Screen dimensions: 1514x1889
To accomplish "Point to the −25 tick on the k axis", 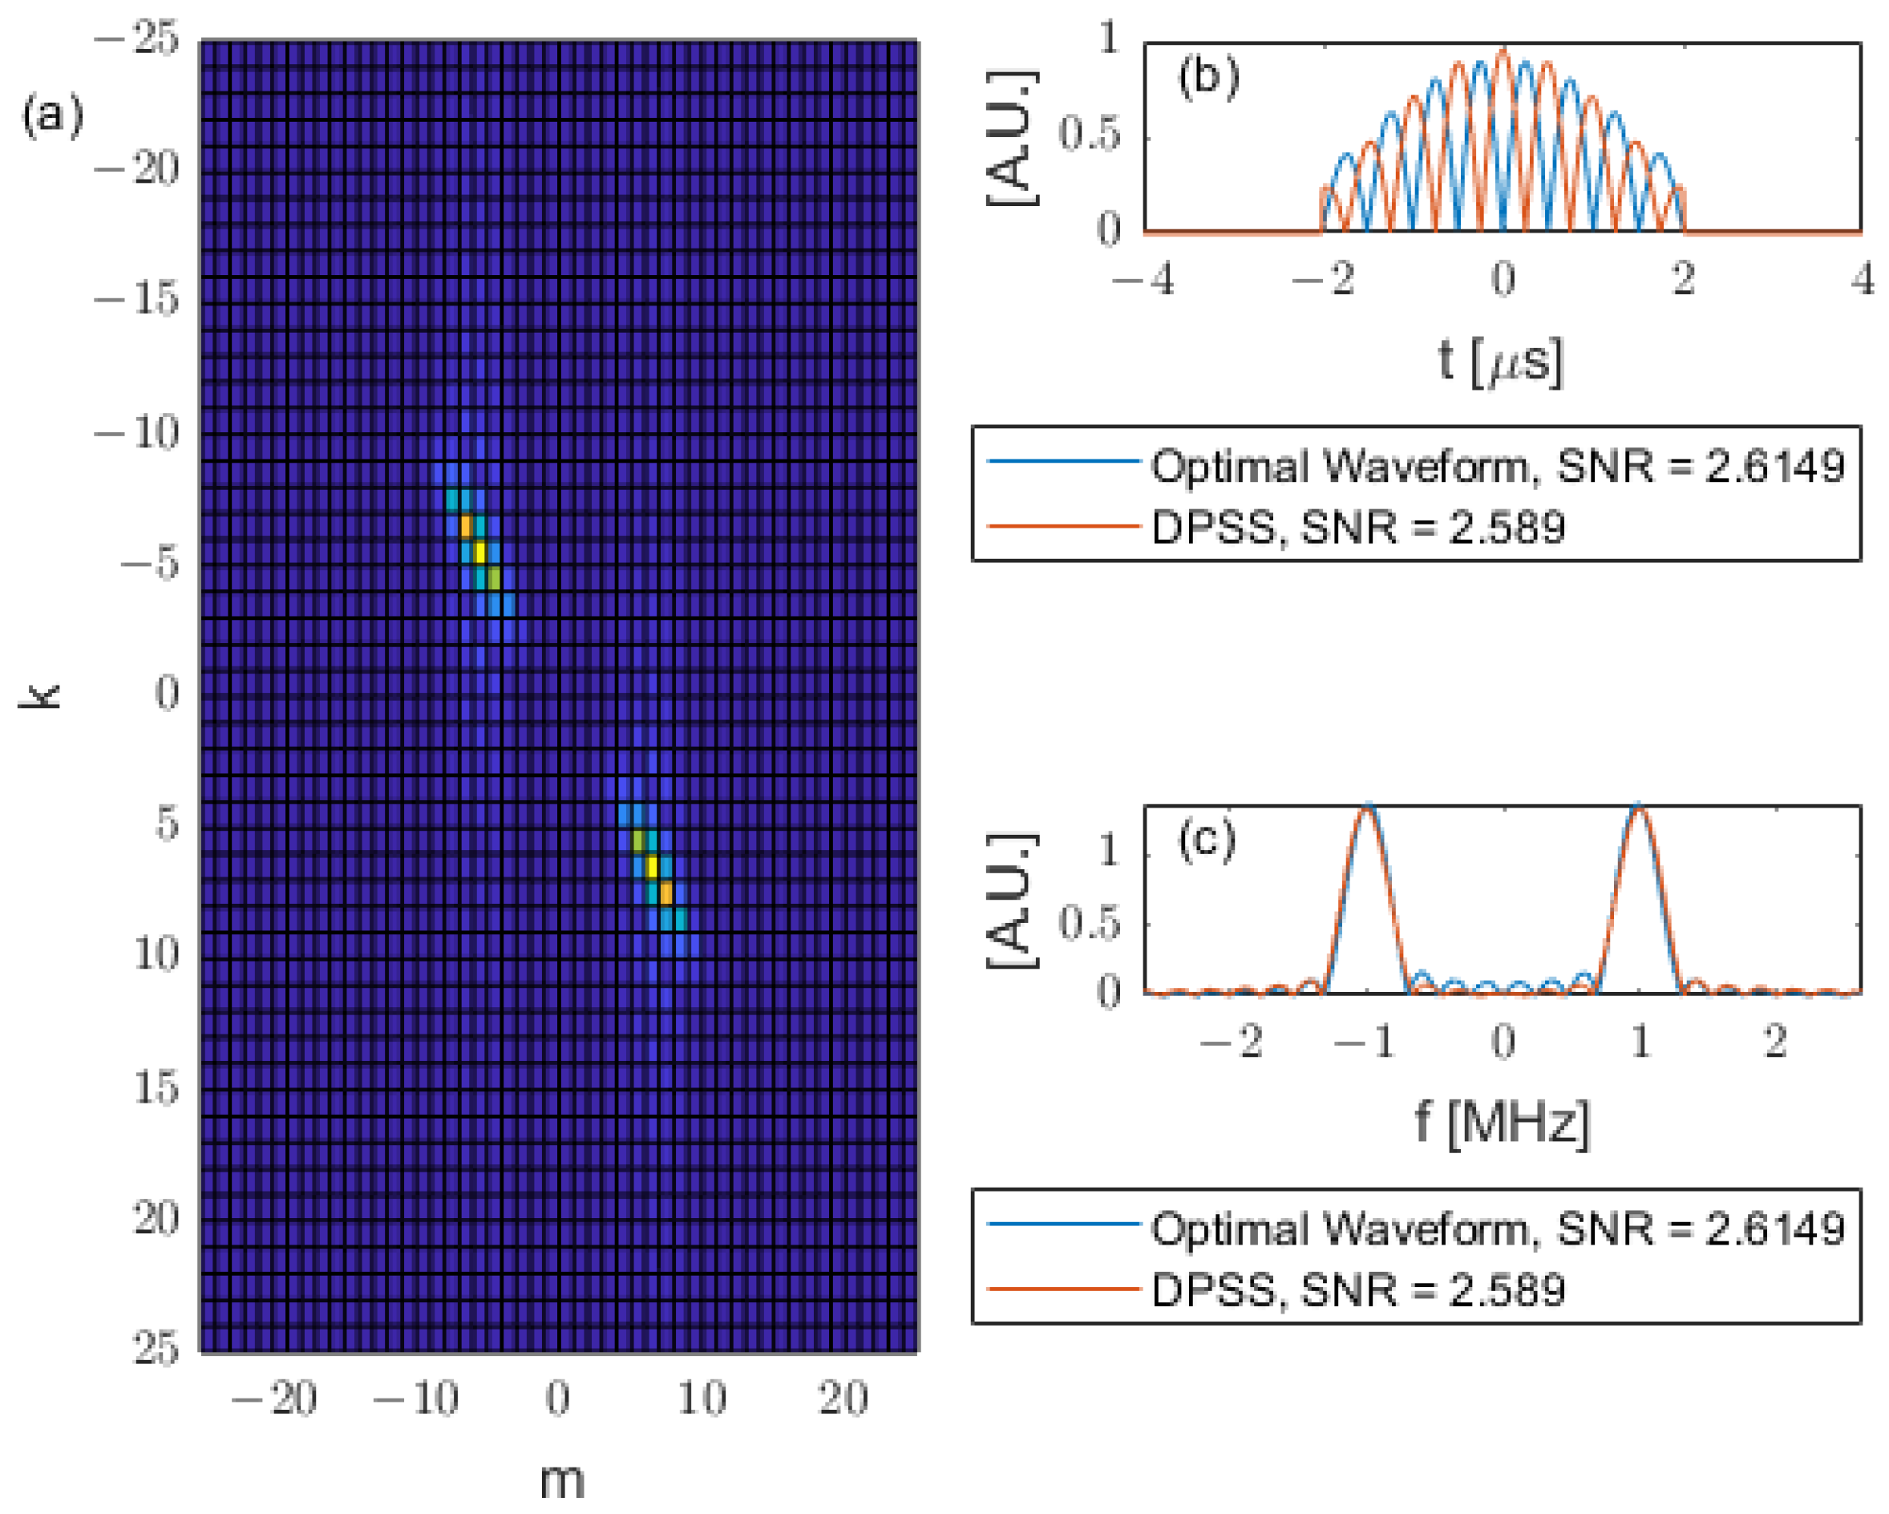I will click(136, 38).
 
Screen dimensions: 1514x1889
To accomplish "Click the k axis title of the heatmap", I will click(40, 697).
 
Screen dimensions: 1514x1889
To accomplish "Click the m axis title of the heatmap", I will click(560, 1480).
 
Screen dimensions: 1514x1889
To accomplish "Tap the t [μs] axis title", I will click(1500, 361).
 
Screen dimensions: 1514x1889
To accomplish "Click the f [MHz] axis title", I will click(1502, 1123).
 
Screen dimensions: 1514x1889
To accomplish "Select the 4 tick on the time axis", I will click(1863, 280).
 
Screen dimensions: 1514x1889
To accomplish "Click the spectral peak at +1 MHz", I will click(1638, 808).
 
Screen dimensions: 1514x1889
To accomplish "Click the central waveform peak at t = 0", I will click(1503, 51).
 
